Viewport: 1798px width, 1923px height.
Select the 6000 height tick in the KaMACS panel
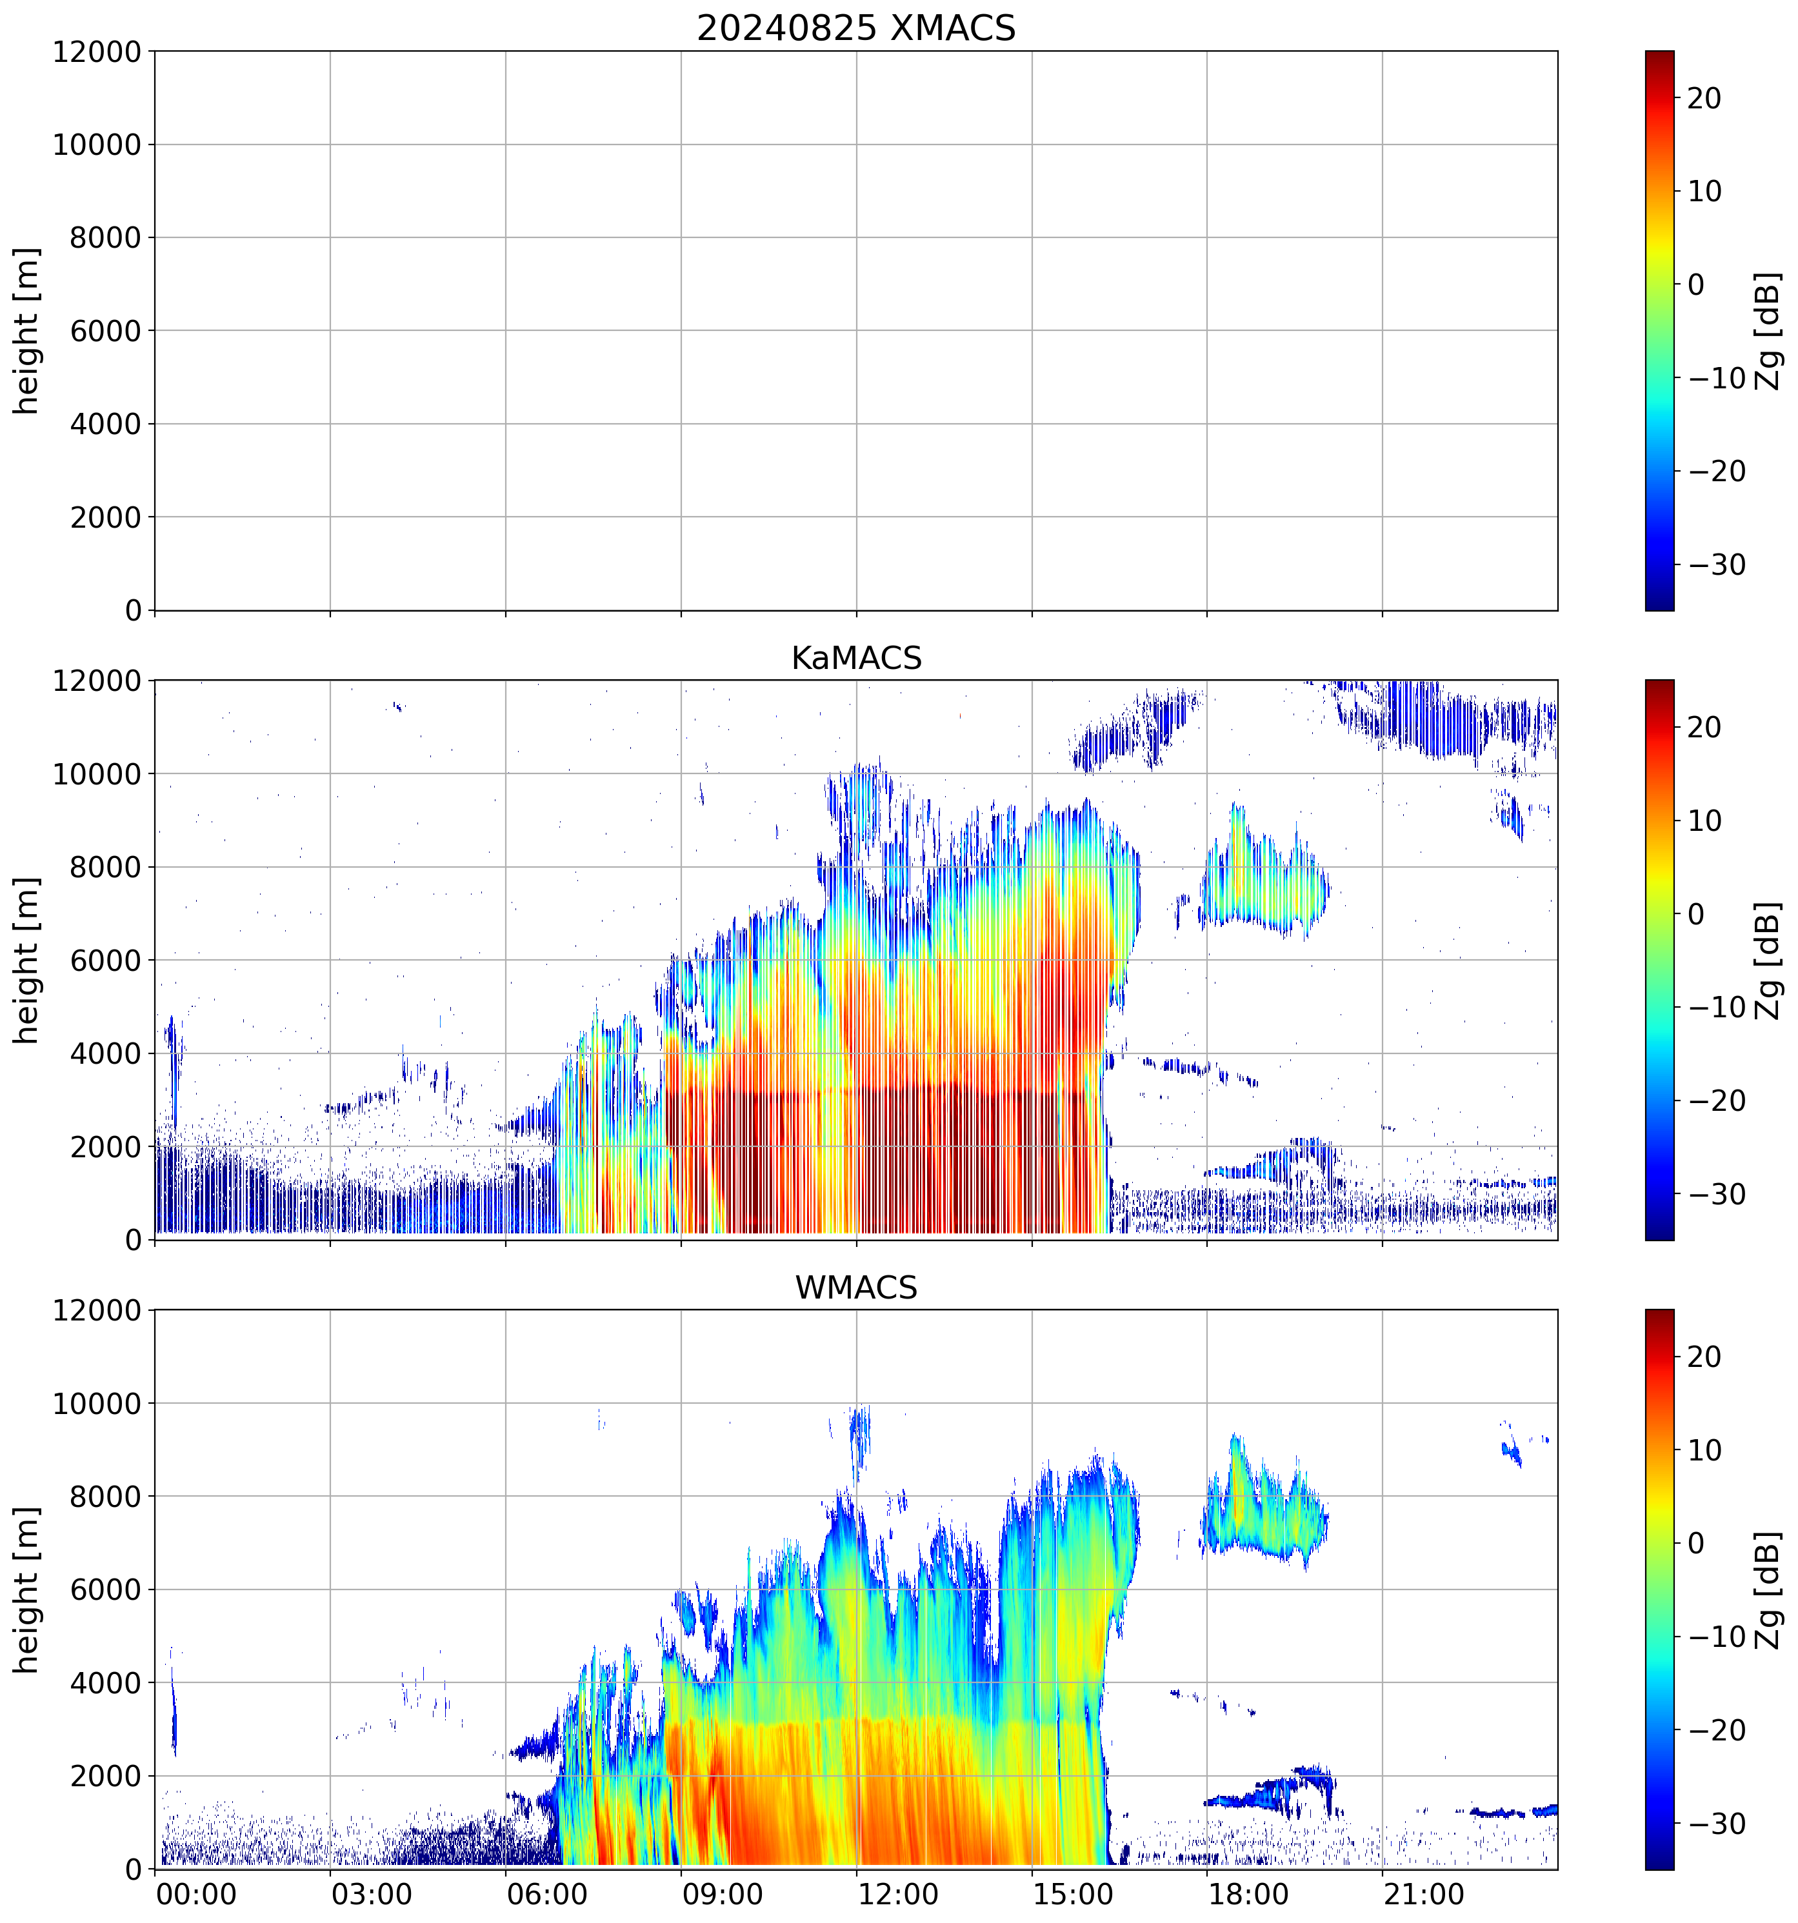tap(105, 961)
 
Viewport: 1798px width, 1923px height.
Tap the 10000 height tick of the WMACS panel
tap(97, 1404)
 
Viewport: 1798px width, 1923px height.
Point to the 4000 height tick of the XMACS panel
tap(105, 424)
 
